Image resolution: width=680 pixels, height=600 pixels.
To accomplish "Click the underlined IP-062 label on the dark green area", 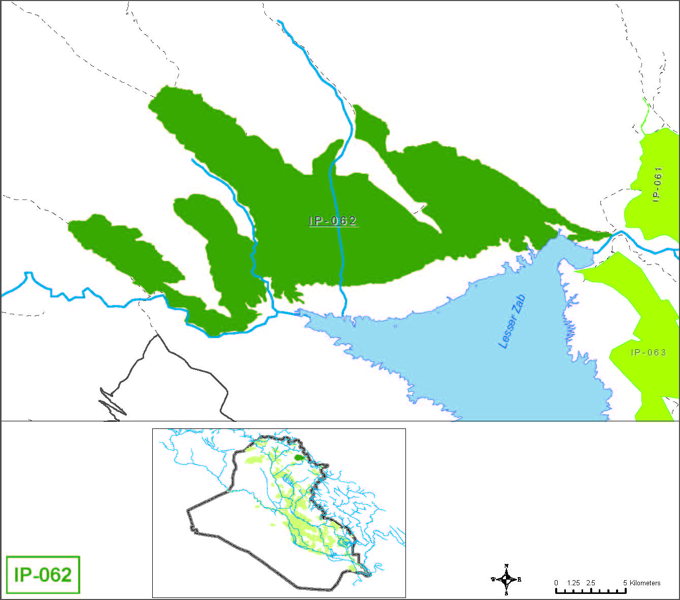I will click(333, 221).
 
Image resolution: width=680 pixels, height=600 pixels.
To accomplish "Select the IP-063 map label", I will click(648, 352).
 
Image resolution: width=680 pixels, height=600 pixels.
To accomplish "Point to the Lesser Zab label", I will click(512, 322).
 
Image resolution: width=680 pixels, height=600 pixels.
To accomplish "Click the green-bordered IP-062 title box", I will click(43, 575).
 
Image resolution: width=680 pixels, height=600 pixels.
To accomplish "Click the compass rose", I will click(506, 579).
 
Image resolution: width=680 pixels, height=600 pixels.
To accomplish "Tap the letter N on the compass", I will click(506, 566).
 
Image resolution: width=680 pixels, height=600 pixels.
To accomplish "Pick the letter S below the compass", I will click(506, 593).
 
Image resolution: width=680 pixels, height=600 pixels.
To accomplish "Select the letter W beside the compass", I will click(493, 579).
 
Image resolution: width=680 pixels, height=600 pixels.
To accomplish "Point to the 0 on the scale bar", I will click(556, 583).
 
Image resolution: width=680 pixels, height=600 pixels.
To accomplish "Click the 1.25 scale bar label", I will click(573, 583).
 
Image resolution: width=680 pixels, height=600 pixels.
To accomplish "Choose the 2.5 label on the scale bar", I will click(590, 583).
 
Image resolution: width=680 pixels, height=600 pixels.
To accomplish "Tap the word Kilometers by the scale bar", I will click(645, 583).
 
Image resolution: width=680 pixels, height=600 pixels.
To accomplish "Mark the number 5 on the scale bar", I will click(625, 583).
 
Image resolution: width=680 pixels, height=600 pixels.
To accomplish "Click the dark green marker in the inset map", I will click(300, 457).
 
